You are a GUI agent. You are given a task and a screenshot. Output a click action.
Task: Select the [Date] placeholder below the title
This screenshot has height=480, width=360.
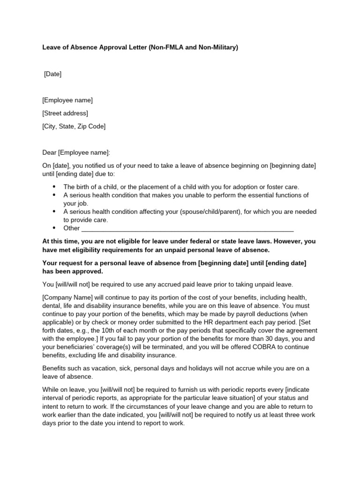[x=52, y=74]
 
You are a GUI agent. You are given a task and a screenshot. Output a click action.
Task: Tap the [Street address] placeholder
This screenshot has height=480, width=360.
[x=65, y=113]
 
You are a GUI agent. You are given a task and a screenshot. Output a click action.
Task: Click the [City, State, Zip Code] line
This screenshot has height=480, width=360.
[x=74, y=127]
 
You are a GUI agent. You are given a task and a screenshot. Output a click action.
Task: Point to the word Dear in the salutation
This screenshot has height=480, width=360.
[x=49, y=153]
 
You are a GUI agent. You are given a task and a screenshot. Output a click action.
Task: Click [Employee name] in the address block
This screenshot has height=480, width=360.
[x=67, y=100]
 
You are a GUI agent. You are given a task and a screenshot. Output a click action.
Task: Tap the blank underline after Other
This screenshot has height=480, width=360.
[x=187, y=229]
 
